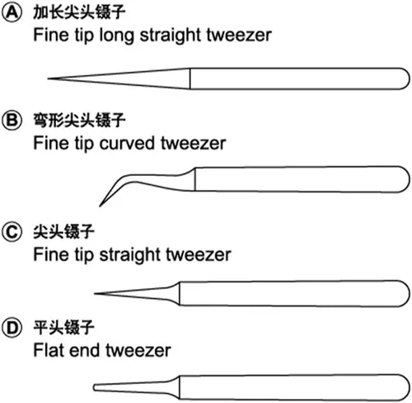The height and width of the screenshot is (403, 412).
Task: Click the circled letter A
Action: pos(12,13)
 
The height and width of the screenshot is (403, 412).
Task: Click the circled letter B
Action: pos(12,121)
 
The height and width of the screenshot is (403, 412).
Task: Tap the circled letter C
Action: pos(12,232)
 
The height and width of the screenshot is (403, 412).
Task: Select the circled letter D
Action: pos(12,328)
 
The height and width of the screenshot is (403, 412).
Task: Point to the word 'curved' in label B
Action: pos(127,143)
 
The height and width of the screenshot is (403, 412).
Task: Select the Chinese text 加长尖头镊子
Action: pos(79,12)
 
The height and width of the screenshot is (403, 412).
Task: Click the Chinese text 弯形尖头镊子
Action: pos(79,120)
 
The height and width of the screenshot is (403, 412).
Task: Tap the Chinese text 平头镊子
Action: pos(63,328)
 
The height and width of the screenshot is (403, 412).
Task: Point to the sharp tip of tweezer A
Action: pos(49,78)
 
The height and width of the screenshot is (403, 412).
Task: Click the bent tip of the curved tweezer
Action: pos(100,206)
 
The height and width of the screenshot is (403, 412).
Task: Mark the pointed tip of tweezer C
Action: pos(95,293)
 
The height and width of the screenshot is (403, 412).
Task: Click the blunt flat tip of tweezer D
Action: pos(94,387)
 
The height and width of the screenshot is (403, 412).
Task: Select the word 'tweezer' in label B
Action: pos(194,143)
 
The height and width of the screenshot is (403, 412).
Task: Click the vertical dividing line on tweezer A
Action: pos(190,78)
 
